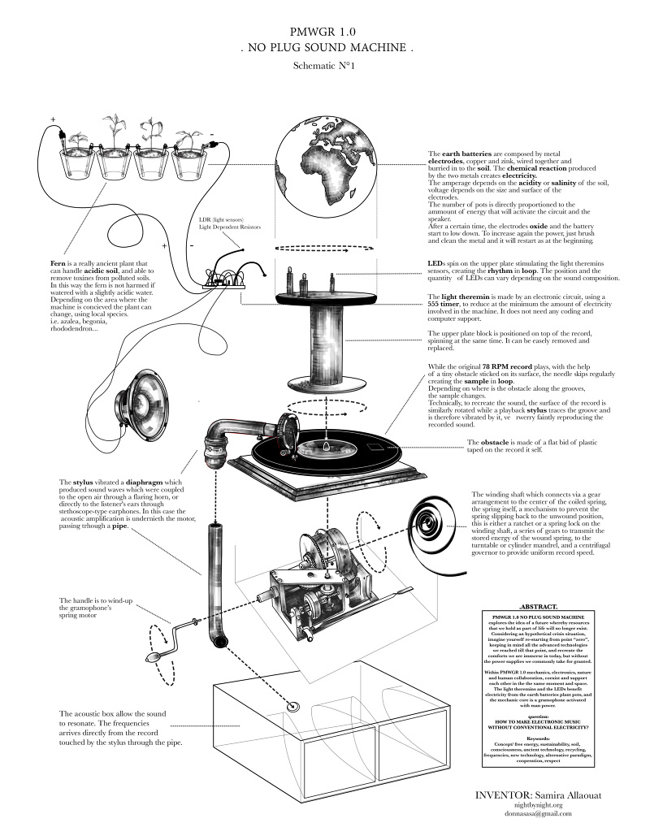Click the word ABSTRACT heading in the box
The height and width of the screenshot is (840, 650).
click(537, 607)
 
